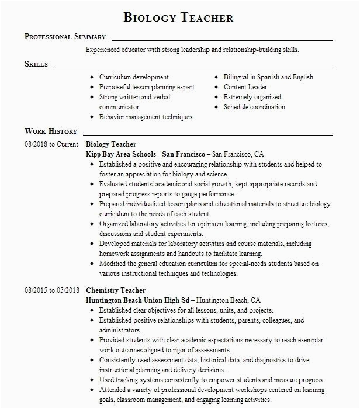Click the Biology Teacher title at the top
tap(179, 18)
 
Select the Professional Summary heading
tap(65, 37)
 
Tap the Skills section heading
tap(36, 64)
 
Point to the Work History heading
tap(51, 131)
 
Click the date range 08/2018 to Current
tap(51, 144)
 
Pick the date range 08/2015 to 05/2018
tap(51, 290)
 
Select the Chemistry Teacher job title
tap(116, 290)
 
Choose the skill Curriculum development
tap(134, 77)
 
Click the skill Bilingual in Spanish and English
tap(268, 77)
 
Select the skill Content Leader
tap(245, 87)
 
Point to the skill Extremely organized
tap(252, 97)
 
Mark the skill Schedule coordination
tap(254, 107)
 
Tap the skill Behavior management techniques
tap(146, 117)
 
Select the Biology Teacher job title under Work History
tap(111, 144)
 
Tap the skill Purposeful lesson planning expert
tap(147, 87)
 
